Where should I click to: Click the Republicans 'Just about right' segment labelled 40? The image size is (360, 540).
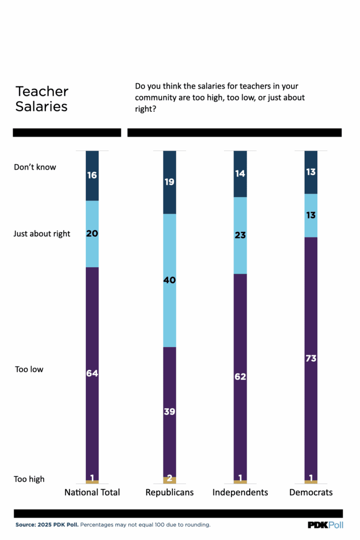tap(169, 280)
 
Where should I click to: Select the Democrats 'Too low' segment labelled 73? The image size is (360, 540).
tap(311, 359)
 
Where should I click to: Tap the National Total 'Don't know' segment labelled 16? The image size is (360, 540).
tap(92, 176)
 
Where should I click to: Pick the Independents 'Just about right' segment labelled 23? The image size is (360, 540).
tap(240, 235)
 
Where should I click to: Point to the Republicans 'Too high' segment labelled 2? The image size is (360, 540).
tap(169, 480)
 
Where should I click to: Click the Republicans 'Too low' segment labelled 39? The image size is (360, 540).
tap(169, 412)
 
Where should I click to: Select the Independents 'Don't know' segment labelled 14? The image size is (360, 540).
tap(240, 173)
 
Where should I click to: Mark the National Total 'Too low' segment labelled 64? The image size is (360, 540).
tap(92, 373)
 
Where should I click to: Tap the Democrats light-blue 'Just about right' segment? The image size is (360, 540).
tap(311, 215)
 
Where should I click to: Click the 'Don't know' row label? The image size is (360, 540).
tap(35, 167)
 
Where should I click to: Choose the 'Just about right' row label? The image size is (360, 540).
tap(42, 234)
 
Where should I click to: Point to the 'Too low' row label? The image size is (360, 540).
tap(29, 369)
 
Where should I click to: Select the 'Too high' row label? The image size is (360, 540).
tap(30, 479)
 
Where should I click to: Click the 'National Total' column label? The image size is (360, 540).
tap(92, 493)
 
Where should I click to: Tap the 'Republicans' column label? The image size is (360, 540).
tap(169, 493)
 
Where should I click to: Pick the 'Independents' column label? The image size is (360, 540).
tap(240, 493)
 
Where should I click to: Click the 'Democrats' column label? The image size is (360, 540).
tap(311, 493)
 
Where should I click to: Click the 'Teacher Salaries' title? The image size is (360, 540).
tap(42, 99)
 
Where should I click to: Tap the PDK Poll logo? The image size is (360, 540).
tap(325, 525)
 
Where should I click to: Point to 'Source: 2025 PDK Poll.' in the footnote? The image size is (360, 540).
tap(47, 525)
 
